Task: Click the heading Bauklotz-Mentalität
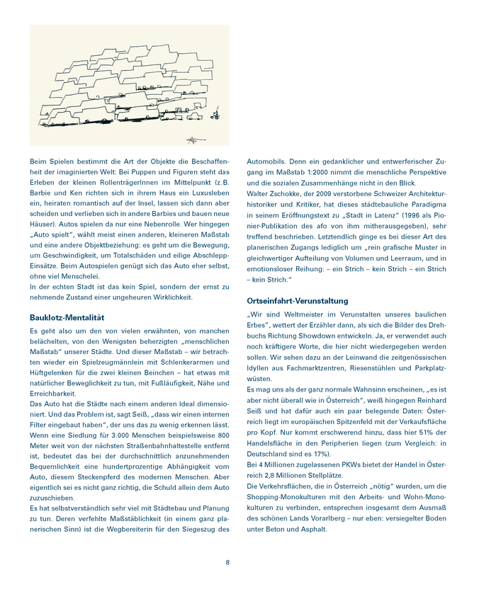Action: pos(67,318)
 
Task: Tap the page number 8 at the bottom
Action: pos(227,562)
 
